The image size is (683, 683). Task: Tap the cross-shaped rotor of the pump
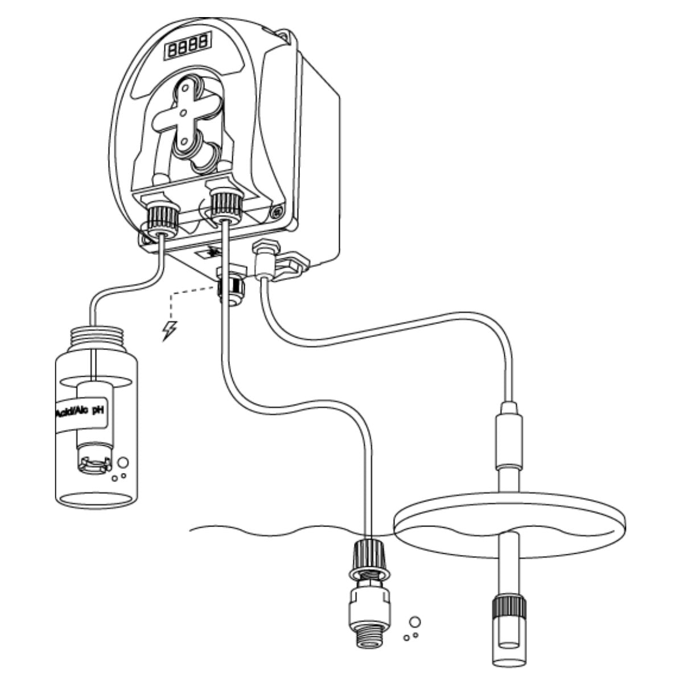[x=183, y=114]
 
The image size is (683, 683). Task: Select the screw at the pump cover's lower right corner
[x=277, y=211]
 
